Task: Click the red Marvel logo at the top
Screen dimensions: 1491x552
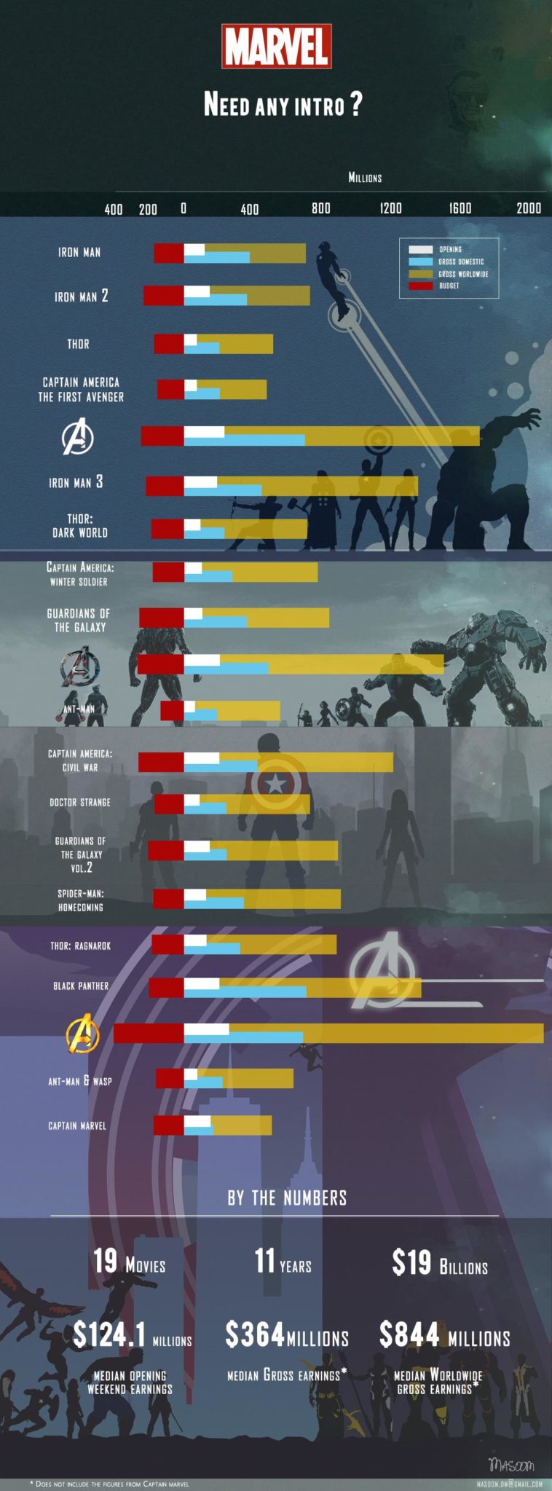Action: (277, 47)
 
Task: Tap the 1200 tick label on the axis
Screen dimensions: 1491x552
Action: (390, 208)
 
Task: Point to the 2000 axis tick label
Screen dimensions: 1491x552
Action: (529, 208)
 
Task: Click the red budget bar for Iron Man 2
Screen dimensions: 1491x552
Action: (163, 295)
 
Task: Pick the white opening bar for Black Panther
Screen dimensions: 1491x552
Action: (201, 983)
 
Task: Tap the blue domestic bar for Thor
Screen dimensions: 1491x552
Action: (201, 348)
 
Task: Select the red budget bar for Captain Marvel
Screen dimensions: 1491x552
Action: (168, 1125)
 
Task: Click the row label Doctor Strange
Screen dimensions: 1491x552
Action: (80, 802)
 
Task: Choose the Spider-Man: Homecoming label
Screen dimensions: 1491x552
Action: (81, 900)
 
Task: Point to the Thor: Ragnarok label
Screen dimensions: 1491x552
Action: (80, 945)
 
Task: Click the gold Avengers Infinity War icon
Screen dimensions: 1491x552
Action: (82, 1033)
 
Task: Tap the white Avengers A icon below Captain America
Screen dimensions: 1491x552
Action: (77, 436)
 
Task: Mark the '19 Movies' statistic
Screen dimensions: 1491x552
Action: (129, 1262)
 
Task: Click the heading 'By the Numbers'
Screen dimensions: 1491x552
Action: (287, 1198)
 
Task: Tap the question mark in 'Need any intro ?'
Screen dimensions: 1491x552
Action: (355, 104)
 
